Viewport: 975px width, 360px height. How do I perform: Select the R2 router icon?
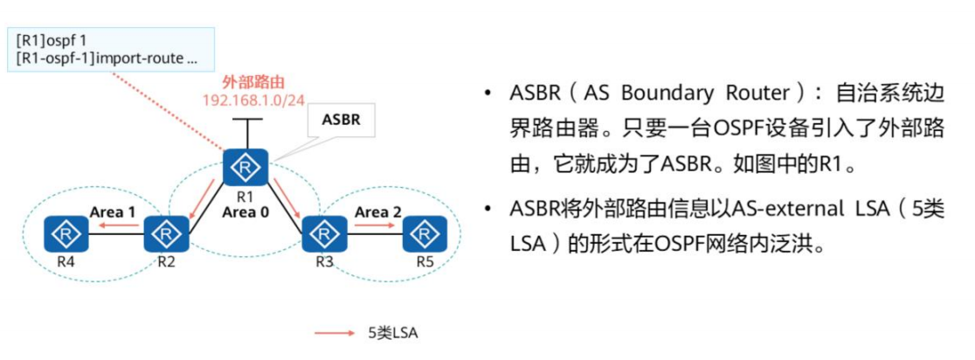pyautogui.click(x=162, y=234)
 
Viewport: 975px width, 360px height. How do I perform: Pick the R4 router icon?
pyautogui.click(x=66, y=234)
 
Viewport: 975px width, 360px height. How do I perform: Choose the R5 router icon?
pyautogui.click(x=424, y=234)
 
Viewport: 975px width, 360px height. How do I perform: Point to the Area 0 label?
pyautogui.click(x=246, y=212)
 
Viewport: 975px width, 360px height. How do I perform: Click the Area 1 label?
pyautogui.click(x=113, y=211)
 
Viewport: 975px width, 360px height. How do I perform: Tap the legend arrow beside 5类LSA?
pyautogui.click(x=336, y=333)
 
